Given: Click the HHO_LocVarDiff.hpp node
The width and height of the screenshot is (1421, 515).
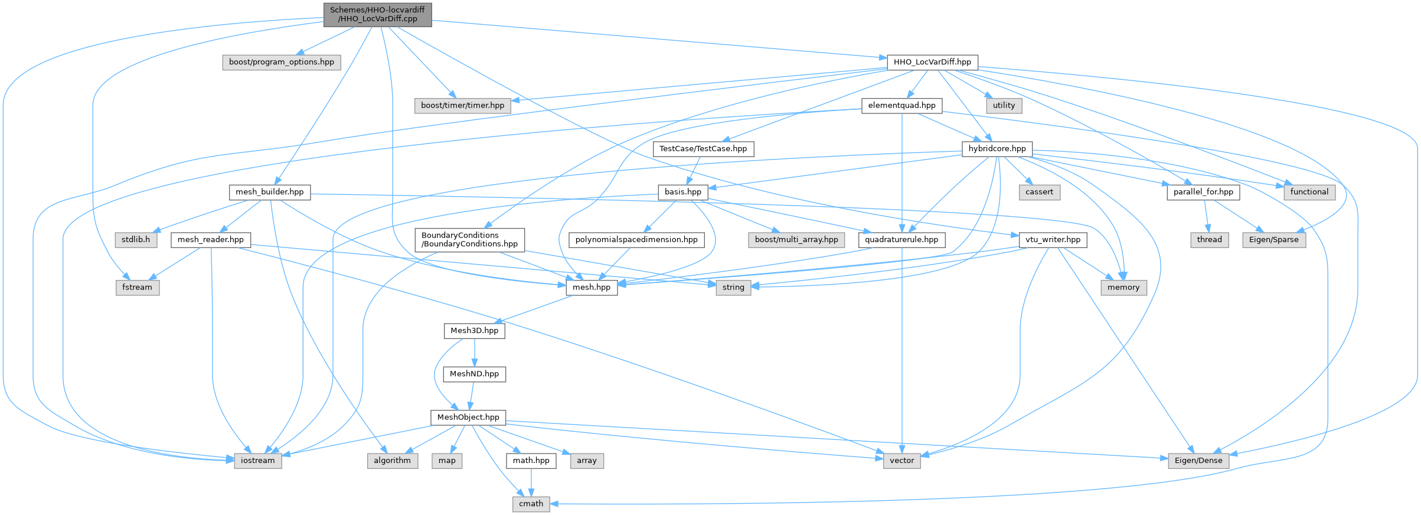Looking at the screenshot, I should [x=932, y=62].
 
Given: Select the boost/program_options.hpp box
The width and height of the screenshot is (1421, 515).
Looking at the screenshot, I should [x=281, y=62].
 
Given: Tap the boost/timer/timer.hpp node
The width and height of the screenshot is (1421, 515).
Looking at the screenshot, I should [x=462, y=105].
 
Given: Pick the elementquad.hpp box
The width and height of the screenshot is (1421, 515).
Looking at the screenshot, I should [x=901, y=105].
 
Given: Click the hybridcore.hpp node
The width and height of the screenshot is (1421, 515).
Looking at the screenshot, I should [x=997, y=149].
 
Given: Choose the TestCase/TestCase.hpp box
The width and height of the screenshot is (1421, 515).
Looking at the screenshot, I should [x=703, y=149].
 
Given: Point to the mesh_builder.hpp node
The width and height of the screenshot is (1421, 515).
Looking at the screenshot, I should [x=269, y=192].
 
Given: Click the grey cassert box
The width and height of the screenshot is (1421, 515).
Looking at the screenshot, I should [x=1039, y=192].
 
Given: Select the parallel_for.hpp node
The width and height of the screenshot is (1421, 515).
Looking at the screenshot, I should [x=1203, y=192].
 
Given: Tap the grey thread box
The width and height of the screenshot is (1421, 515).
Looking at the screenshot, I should [x=1209, y=240].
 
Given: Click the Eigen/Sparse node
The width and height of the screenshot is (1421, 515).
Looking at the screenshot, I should [x=1273, y=240].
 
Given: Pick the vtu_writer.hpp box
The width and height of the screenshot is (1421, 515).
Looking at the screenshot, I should [x=1053, y=240].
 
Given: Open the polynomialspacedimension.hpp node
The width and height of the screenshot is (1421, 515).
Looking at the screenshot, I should [x=636, y=240].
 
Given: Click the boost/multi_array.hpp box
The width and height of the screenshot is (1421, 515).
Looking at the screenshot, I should [x=796, y=240].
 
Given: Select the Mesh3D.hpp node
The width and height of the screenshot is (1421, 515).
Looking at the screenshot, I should [x=474, y=331].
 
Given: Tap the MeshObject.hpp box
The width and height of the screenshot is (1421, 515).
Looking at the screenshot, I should [x=468, y=418].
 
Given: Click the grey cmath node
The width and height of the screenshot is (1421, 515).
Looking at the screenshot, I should [x=531, y=504].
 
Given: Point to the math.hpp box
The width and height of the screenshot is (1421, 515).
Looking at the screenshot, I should [x=531, y=461].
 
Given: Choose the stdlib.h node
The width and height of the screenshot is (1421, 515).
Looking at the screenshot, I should [x=136, y=240].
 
